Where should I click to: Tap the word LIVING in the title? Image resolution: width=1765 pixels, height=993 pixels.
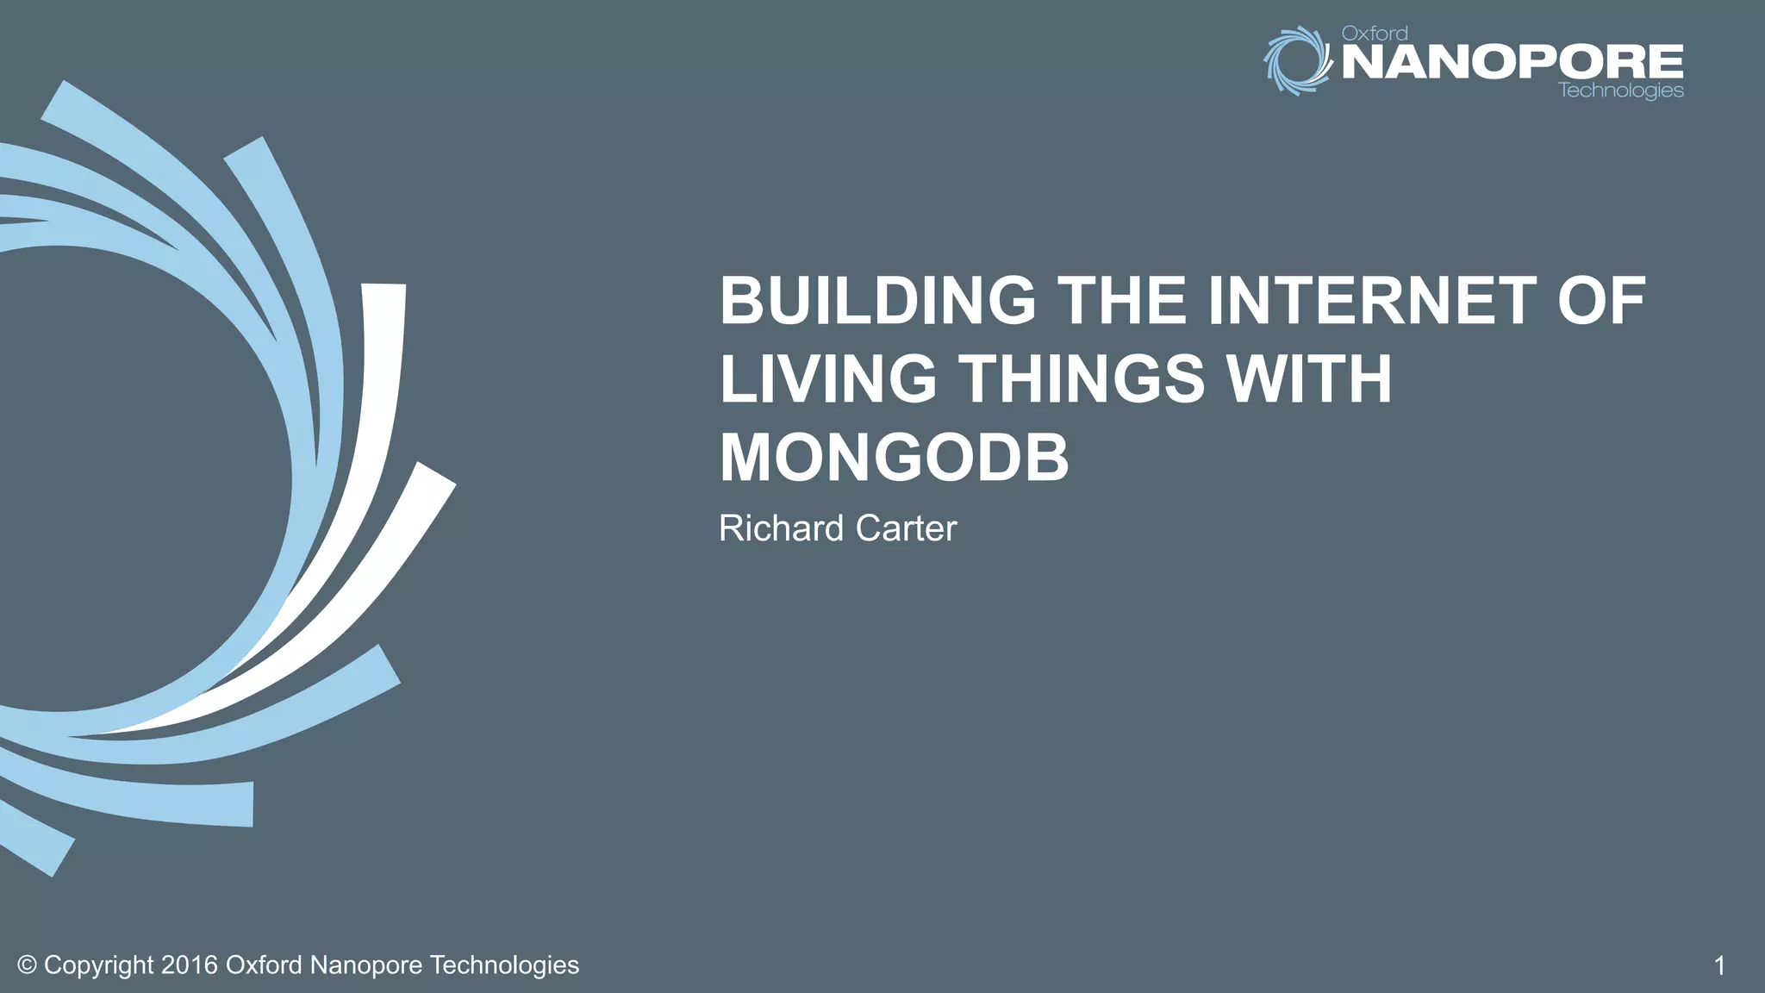click(827, 379)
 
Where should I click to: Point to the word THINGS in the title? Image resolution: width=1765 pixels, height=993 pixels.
click(1082, 379)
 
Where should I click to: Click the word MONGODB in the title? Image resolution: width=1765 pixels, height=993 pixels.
click(894, 458)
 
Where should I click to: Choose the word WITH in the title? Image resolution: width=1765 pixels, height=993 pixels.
click(1309, 379)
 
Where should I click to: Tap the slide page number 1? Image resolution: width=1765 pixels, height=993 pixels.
click(1718, 965)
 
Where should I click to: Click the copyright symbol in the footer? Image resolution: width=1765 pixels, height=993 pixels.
click(27, 965)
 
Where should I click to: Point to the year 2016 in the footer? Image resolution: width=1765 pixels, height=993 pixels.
click(189, 965)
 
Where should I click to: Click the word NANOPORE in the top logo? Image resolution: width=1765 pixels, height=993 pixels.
click(1512, 62)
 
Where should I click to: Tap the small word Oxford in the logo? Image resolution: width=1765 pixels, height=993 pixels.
click(1375, 34)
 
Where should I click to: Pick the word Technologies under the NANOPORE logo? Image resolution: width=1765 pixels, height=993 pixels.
click(1621, 91)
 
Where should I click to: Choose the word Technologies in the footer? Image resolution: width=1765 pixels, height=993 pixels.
click(504, 965)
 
